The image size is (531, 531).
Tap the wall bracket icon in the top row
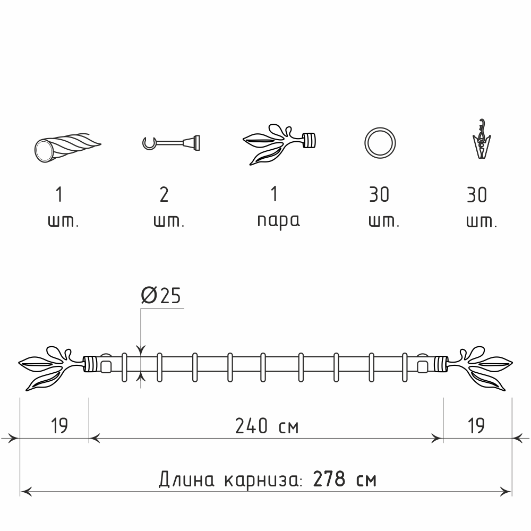point(171,142)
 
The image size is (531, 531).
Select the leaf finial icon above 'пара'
point(279,144)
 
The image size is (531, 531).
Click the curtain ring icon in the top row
point(380,142)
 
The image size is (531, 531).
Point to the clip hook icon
point(482,139)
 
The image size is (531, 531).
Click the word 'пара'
point(278,221)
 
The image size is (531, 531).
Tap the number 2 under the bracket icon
point(164,195)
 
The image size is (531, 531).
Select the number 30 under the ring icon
point(379,195)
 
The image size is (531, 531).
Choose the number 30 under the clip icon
point(477,195)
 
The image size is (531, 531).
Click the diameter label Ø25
point(160,295)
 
